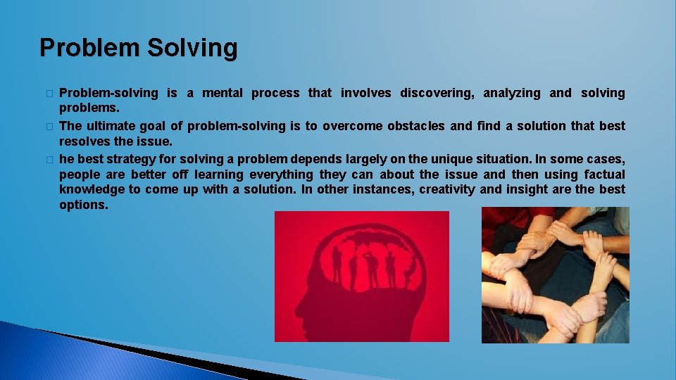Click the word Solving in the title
point(192,49)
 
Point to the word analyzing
point(511,94)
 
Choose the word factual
point(604,175)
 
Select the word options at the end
point(83,205)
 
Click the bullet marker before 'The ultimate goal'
point(49,127)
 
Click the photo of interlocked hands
point(555,275)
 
